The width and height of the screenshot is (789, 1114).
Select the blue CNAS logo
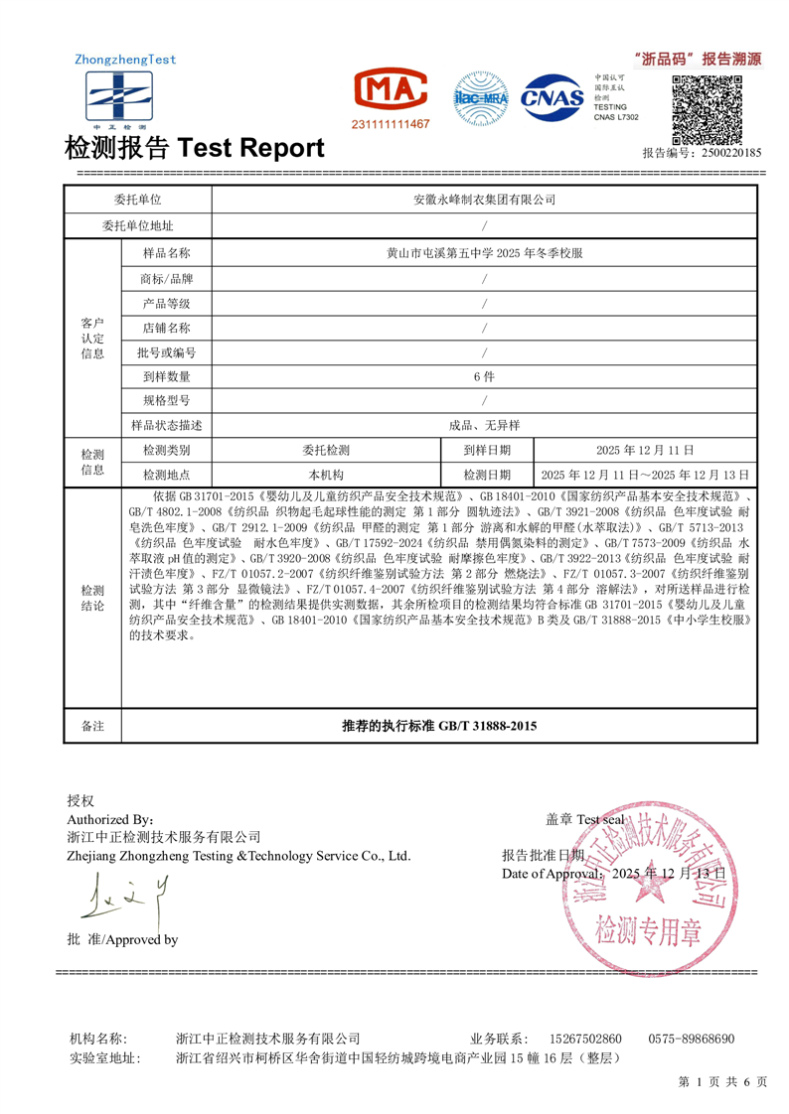point(554,97)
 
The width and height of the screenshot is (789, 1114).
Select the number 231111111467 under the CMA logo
point(391,124)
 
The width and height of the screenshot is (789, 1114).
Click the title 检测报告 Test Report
point(194,148)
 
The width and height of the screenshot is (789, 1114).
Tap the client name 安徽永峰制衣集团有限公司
point(484,200)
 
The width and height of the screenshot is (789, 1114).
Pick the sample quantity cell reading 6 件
point(484,376)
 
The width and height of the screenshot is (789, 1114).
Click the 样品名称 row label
point(166,253)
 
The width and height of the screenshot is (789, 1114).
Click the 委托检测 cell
point(326,450)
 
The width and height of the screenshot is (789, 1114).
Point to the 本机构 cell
point(326,475)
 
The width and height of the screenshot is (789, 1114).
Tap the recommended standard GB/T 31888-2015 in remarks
point(438,727)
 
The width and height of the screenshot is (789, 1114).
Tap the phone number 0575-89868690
point(692,1039)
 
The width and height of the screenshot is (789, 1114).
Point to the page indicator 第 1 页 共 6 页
point(723,1081)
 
